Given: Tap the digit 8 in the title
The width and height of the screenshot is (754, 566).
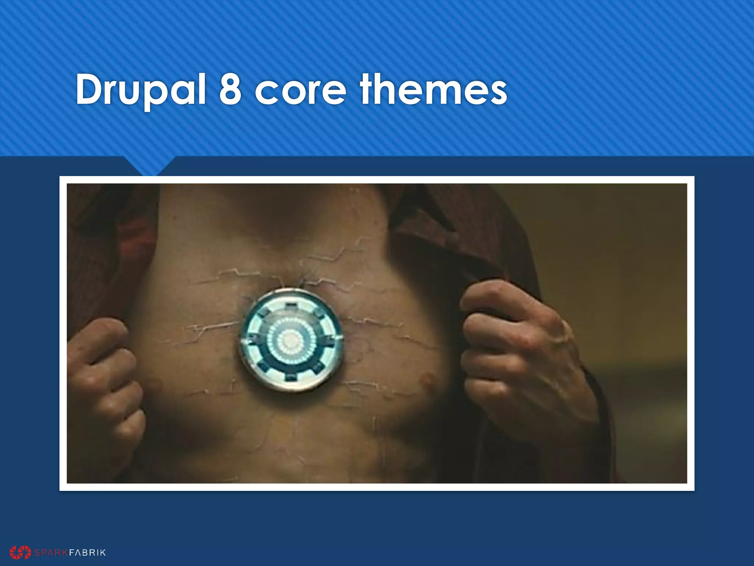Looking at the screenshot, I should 230,90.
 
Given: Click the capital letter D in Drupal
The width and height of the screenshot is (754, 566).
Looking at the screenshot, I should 90,90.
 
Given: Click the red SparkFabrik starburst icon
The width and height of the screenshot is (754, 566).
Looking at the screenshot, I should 21,552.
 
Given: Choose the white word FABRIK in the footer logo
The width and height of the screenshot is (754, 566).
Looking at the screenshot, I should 87,552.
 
